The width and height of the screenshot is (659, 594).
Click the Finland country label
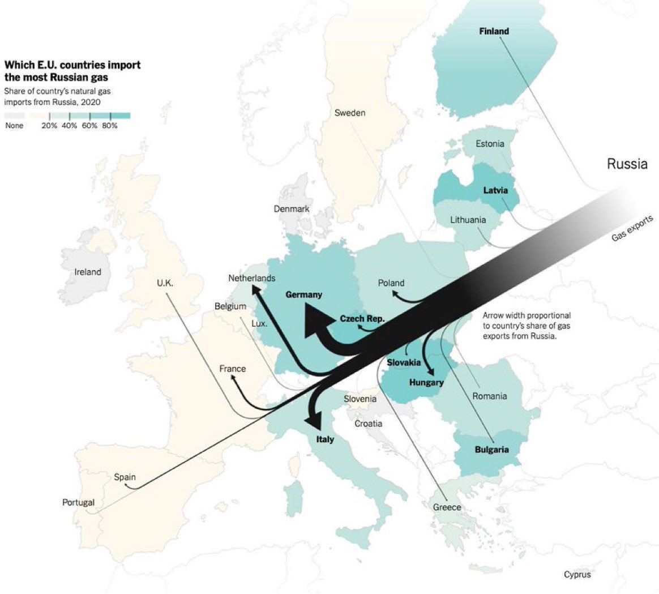494,31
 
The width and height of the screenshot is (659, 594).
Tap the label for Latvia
495,190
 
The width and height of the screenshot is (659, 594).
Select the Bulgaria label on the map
491,450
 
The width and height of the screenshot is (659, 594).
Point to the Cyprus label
577,575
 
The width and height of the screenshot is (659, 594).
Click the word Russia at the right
627,164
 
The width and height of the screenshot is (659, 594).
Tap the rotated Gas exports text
632,228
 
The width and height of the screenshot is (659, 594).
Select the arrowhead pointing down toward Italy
313,420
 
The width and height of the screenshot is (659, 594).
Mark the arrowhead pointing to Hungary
431,371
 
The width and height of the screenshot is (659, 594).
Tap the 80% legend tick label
109,126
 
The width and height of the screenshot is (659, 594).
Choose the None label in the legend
14,126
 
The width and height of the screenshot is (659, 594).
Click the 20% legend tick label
49,126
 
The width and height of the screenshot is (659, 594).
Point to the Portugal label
78,502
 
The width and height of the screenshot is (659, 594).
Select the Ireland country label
88,272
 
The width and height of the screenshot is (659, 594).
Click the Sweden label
349,113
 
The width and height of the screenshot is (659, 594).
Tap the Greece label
447,507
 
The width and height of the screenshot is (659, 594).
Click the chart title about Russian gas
72,71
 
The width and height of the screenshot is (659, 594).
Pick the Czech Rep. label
362,319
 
